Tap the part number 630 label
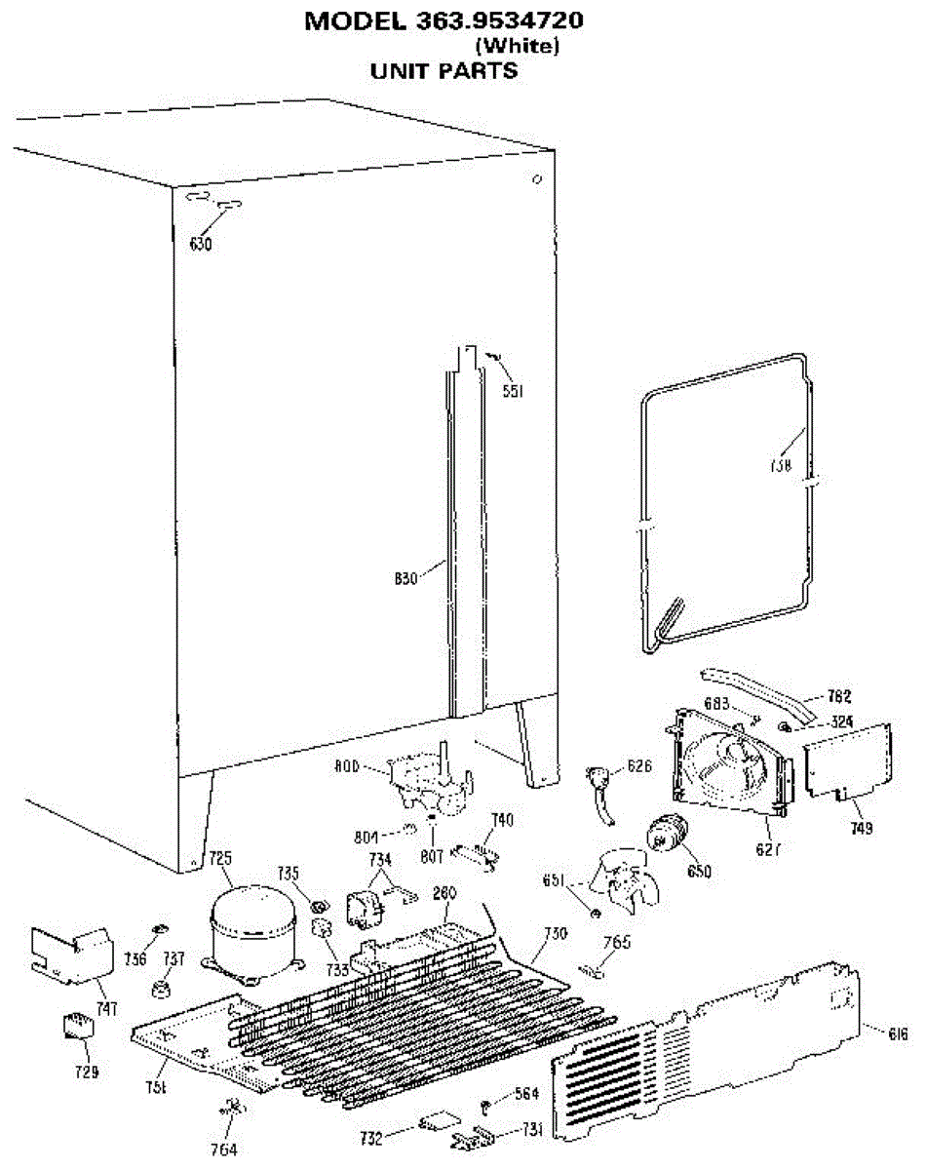point(201,244)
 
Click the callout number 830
point(405,578)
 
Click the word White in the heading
point(517,45)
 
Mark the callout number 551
point(513,391)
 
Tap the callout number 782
point(840,696)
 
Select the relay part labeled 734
point(367,905)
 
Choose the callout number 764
point(225,1149)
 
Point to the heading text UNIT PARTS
point(444,71)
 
